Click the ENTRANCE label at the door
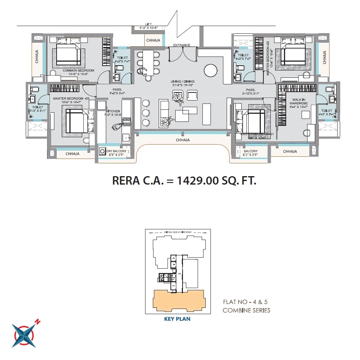tap(182, 45)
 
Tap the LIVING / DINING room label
tap(183, 81)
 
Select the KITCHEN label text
tap(111, 111)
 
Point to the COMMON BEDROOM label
tap(78, 70)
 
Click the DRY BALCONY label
tap(116, 151)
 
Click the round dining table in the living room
tap(211, 70)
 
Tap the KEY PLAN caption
tap(177, 319)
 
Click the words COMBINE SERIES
tap(246, 310)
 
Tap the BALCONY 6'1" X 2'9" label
tap(251, 153)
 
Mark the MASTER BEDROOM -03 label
tap(71, 99)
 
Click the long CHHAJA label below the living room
tap(183, 140)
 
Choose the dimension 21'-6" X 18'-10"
tap(183, 85)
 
